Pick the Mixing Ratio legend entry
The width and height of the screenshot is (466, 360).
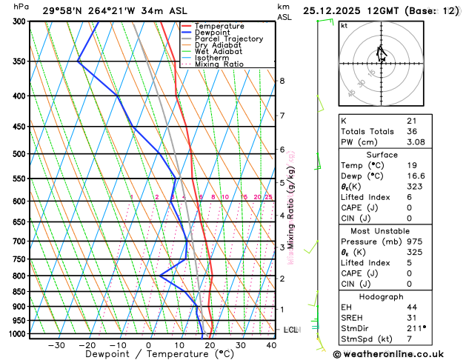coord(223,64)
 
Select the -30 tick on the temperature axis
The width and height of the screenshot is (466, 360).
coord(56,345)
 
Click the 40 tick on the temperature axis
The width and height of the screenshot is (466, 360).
coord(272,345)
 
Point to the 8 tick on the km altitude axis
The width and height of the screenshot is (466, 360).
coord(282,81)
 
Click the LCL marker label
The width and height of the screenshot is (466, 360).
coord(290,330)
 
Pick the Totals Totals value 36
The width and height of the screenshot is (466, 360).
coord(412,131)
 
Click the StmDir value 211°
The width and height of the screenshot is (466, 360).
coord(416,328)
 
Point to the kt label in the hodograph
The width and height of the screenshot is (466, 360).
coord(344,25)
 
